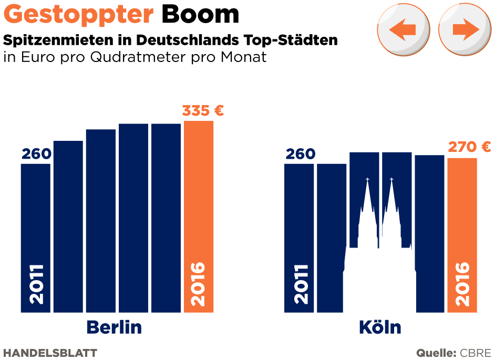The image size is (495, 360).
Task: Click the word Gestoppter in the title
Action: click(x=78, y=15)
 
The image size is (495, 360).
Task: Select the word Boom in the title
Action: click(x=200, y=15)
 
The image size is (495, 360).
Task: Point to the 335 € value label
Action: click(x=203, y=111)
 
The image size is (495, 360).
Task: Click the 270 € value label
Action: click(x=469, y=147)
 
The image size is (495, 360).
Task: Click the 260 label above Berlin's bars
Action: click(x=36, y=154)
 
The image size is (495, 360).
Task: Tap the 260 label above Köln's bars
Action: click(x=301, y=154)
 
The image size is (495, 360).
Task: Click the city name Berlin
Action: click(x=114, y=327)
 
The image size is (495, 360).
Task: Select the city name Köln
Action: click(x=380, y=327)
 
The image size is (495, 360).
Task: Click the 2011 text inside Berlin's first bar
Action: click(x=36, y=284)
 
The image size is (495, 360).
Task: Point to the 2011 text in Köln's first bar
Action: click(x=301, y=284)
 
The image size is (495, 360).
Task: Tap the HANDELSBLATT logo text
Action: click(x=50, y=353)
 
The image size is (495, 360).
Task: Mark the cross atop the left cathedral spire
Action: click(x=368, y=180)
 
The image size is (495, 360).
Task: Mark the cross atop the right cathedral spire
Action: click(x=391, y=180)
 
